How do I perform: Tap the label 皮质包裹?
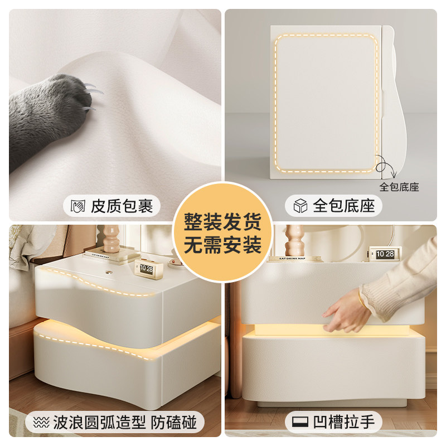coord(122,206)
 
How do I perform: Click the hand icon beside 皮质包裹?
coord(77,206)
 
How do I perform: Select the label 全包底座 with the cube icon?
coord(343,206)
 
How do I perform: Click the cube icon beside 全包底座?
coord(300,206)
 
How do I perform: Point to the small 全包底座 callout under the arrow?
coord(399,187)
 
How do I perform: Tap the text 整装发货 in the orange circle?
coord(222,222)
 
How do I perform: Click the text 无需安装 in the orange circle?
coord(222,245)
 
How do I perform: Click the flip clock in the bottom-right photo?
coord(385,254)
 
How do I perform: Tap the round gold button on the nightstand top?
coord(108,273)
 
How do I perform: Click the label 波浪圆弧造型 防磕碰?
coord(124,423)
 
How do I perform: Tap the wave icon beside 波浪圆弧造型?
coord(41,423)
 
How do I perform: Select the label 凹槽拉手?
coord(343,422)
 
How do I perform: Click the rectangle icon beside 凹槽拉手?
coord(300,422)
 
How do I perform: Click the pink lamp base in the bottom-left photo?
coord(111,239)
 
